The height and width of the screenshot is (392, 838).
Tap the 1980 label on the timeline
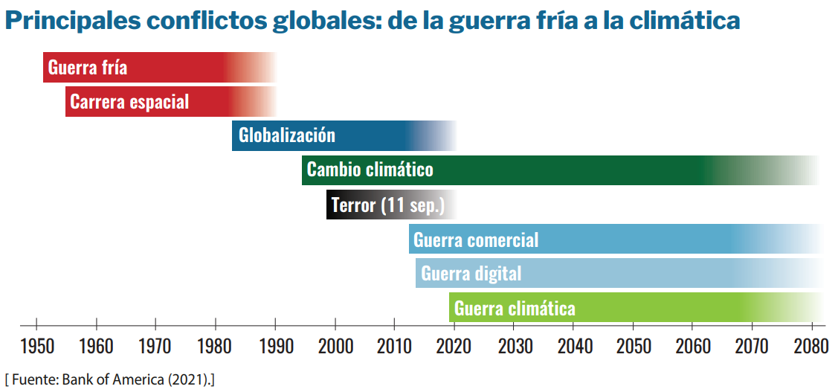pyautogui.click(x=216, y=347)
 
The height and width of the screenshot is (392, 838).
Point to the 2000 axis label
pyautogui.click(x=335, y=347)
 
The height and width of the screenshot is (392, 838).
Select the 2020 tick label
pyautogui.click(x=454, y=347)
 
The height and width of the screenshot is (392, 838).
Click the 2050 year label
pyautogui.click(x=633, y=347)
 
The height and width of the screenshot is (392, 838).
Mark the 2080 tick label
pyautogui.click(x=811, y=347)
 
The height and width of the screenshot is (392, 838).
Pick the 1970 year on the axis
pyautogui.click(x=155, y=347)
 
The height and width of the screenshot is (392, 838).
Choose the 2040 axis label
pyautogui.click(x=573, y=347)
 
